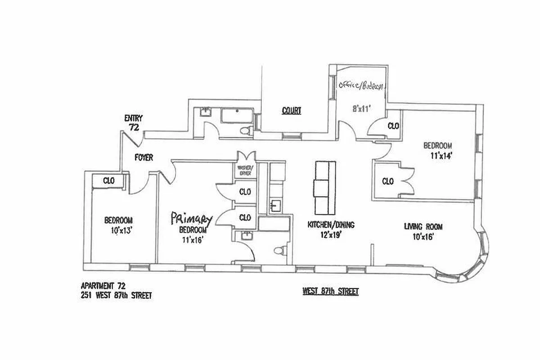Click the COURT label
pyautogui.click(x=291, y=110)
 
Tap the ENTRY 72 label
pyautogui.click(x=134, y=123)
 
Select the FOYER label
pyautogui.click(x=144, y=158)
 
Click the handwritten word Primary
pyautogui.click(x=191, y=219)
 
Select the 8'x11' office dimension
pyautogui.click(x=361, y=108)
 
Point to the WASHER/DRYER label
pyautogui.click(x=245, y=171)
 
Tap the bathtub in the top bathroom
pyautogui.click(x=237, y=117)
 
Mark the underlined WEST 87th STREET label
pyautogui.click(x=331, y=292)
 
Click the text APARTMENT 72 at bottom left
pyautogui.click(x=103, y=286)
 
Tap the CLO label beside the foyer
pyautogui.click(x=109, y=180)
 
